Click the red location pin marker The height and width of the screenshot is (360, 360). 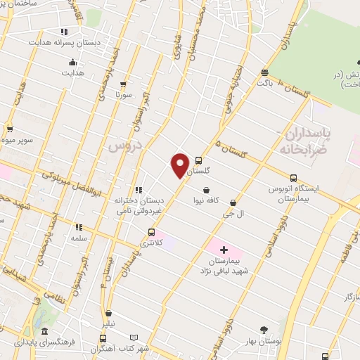(180, 165)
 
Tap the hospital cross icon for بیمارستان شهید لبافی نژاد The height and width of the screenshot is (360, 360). (224, 250)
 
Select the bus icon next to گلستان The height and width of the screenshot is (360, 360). (198, 160)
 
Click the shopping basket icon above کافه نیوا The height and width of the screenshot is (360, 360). (205, 190)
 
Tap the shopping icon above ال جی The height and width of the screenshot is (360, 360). (233, 202)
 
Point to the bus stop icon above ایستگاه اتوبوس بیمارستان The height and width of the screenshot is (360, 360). (293, 178)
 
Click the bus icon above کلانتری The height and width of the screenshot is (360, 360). (151, 233)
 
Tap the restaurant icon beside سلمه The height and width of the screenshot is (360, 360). (79, 227)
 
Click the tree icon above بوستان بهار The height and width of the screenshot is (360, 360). (264, 330)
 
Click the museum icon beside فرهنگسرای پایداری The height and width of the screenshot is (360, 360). (44, 331)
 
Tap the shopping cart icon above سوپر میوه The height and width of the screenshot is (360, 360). (10, 129)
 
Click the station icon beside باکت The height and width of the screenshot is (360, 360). (264, 72)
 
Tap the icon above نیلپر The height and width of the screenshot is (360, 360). (108, 314)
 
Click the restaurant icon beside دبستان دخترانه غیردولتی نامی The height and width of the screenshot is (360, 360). (139, 190)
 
